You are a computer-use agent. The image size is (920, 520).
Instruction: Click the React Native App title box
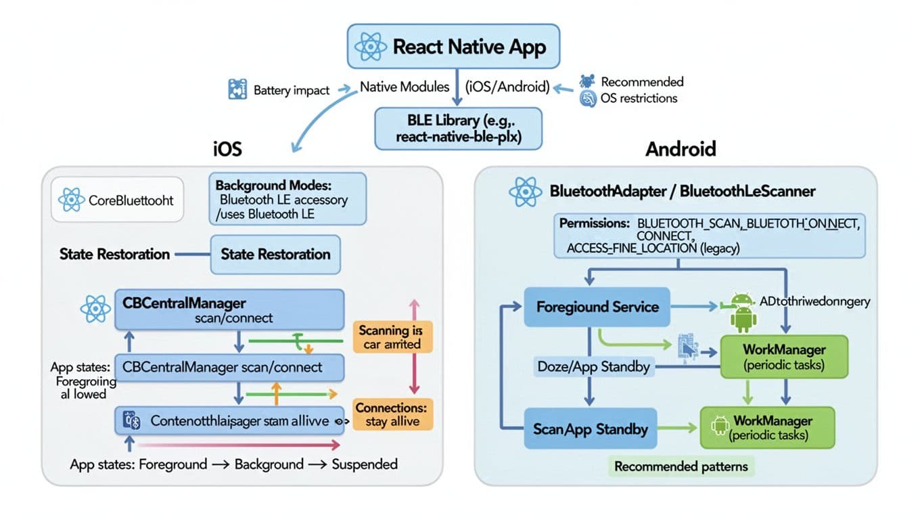pos(453,47)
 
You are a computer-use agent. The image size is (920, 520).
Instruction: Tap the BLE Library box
pos(458,129)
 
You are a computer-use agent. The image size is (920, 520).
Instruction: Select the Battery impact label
pos(292,90)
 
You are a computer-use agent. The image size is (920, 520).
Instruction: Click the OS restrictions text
pos(639,98)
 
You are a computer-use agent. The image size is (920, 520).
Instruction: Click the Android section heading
pos(681,148)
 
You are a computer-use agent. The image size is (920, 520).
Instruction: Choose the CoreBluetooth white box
pos(117,200)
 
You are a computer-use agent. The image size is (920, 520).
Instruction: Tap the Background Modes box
pos(287,198)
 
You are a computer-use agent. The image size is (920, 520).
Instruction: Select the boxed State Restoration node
pos(275,255)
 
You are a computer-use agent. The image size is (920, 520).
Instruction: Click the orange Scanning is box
pos(392,337)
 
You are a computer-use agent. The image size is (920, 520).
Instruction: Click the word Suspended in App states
pos(365,464)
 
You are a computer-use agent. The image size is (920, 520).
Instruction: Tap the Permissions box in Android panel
pos(710,236)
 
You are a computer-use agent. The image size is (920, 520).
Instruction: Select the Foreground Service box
pos(597,307)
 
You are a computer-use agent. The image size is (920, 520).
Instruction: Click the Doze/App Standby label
pos(593,367)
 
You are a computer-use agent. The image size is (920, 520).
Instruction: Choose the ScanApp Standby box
pos(591,429)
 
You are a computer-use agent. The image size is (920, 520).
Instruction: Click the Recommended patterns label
pos(681,467)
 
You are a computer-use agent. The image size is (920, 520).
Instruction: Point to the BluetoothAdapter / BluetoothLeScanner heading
pos(683,191)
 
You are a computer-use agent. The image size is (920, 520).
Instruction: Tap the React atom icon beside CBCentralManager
pos(95,309)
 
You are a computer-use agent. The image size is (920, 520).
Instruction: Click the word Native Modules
pos(405,87)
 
